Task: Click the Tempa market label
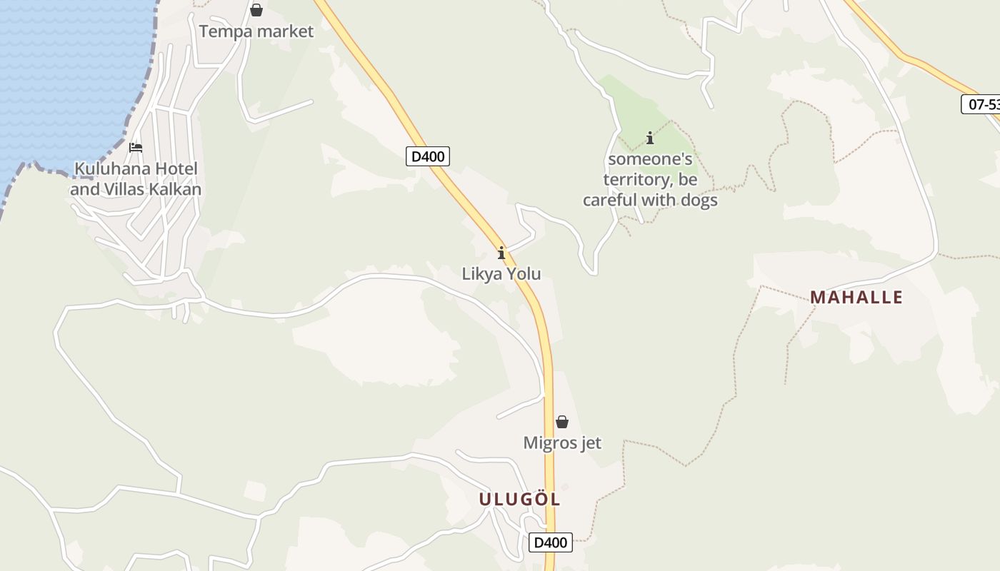click(256, 31)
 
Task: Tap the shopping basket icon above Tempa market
click(256, 10)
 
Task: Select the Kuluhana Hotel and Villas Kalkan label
click(136, 179)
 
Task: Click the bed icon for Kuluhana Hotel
click(136, 148)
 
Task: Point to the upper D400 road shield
click(428, 156)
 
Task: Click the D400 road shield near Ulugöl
click(551, 542)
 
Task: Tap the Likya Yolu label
click(501, 274)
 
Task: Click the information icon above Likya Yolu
click(501, 253)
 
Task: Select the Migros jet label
click(562, 443)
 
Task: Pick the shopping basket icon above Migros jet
click(562, 422)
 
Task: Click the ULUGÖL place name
click(519, 500)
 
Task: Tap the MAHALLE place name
click(856, 297)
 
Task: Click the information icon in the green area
click(650, 138)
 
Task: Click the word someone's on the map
click(650, 158)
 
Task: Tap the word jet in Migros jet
click(589, 443)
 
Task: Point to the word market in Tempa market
click(285, 31)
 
